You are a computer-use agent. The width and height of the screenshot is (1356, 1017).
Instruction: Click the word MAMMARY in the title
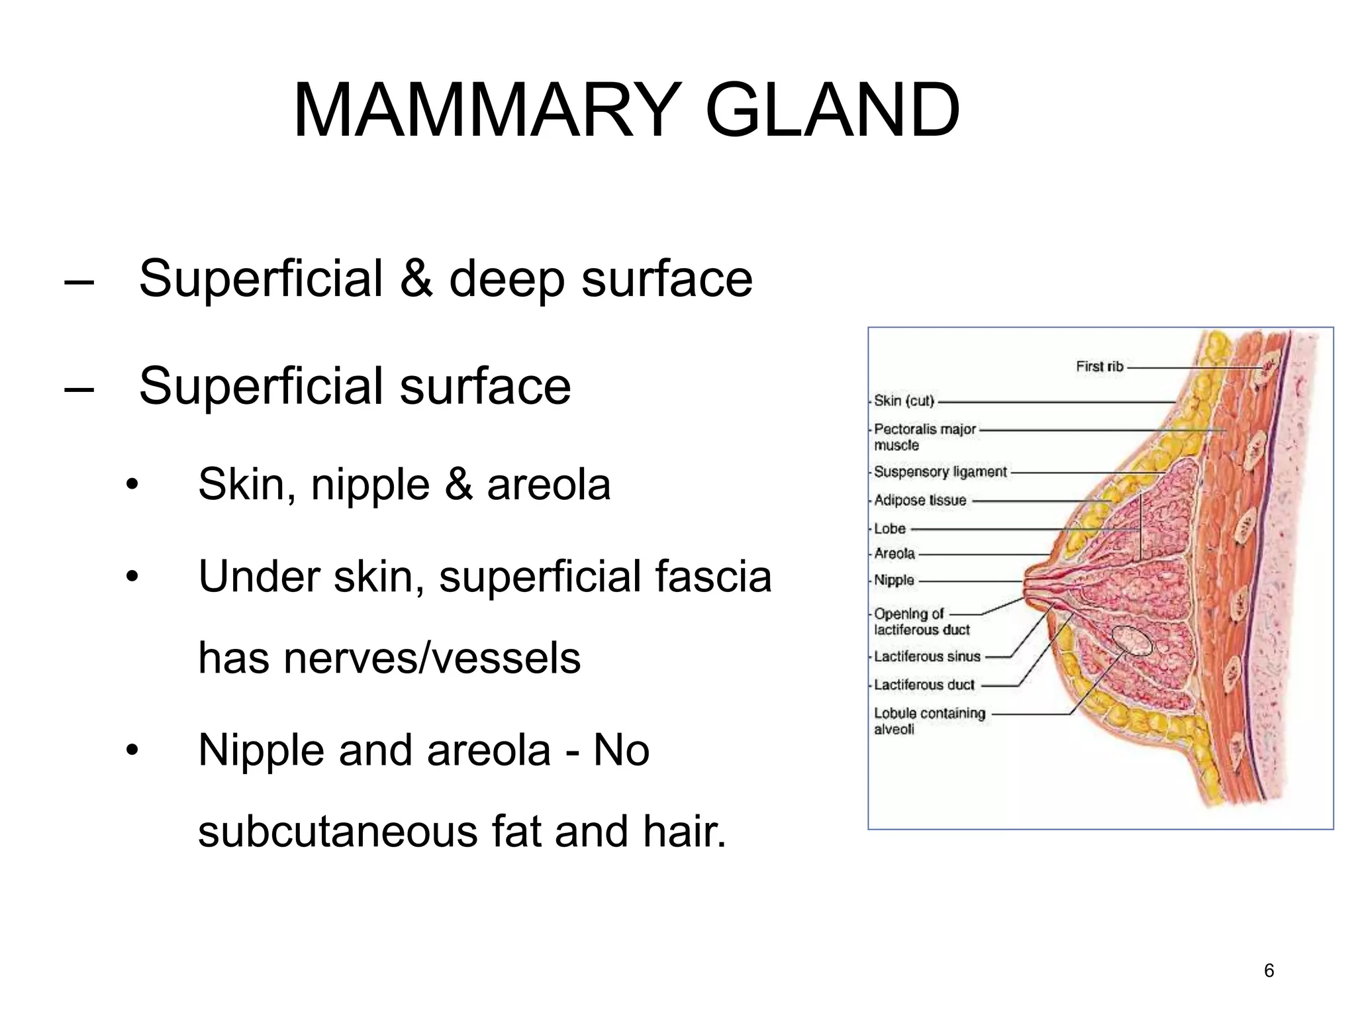[487, 110]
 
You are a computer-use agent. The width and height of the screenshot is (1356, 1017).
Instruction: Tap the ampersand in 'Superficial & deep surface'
[416, 279]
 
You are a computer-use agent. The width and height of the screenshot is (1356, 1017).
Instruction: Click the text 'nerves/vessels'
[432, 658]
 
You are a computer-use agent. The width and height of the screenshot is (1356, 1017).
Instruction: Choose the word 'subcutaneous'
[338, 832]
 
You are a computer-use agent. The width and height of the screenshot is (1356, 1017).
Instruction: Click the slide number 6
[1269, 970]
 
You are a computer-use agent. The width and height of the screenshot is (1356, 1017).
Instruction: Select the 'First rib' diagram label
[1099, 366]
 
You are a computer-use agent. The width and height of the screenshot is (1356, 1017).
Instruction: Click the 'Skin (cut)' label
[904, 401]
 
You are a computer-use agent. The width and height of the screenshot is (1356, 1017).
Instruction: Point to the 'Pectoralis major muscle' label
[924, 436]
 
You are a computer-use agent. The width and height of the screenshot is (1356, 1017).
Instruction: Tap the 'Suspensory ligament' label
[940, 471]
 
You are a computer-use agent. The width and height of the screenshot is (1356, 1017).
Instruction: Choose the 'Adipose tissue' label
[920, 500]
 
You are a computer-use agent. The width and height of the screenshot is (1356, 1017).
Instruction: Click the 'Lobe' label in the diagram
[889, 528]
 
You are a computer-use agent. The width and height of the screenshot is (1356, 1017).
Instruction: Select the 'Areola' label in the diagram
[894, 554]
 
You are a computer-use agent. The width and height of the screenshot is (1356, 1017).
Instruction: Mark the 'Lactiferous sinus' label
[926, 656]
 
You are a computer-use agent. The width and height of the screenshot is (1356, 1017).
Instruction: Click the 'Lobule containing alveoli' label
[929, 720]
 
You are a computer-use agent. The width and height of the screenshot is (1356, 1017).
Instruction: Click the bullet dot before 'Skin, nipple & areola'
[133, 485]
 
